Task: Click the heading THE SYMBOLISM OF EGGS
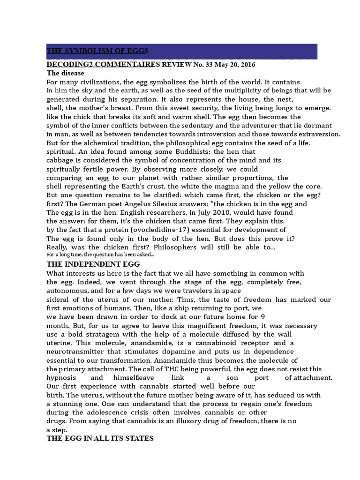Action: pos(97,51)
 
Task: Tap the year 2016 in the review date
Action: pos(247,64)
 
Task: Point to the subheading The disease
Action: pos(65,73)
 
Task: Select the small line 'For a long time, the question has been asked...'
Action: pos(100,255)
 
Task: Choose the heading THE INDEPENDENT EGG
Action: pos(90,264)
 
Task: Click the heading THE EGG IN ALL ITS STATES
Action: pos(100,439)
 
